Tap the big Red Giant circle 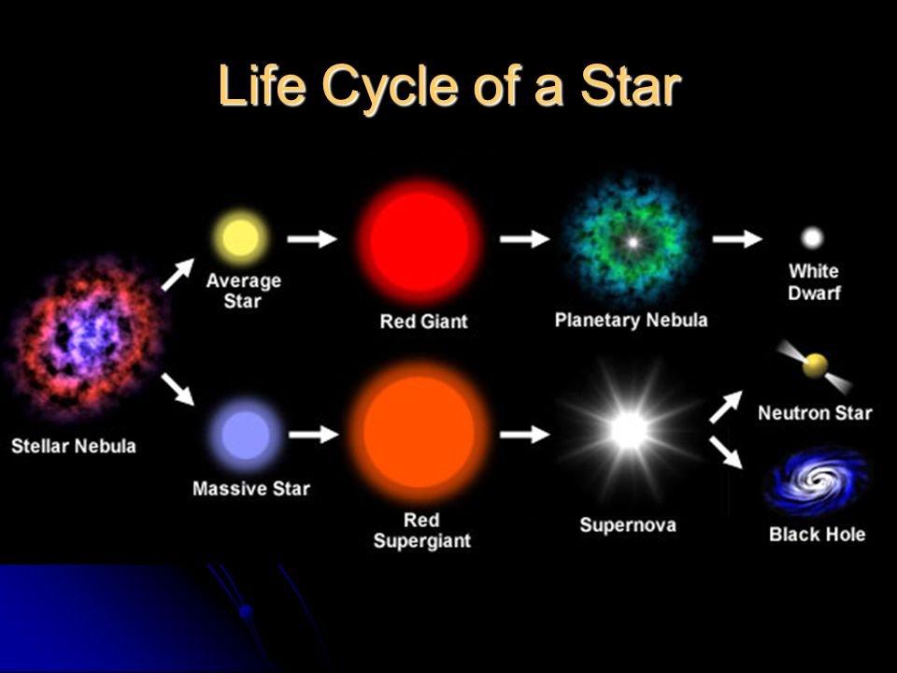[x=420, y=242]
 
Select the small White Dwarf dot [x=812, y=237]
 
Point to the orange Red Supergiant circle [x=420, y=432]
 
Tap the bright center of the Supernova [x=629, y=430]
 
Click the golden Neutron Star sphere [x=815, y=365]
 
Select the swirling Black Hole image [x=817, y=480]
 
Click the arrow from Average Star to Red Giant [x=312, y=238]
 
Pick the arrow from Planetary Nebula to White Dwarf [x=737, y=238]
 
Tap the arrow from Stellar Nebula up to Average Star [x=178, y=275]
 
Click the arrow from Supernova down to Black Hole [x=726, y=452]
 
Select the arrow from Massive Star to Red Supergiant [x=314, y=435]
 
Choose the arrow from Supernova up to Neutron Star [x=726, y=407]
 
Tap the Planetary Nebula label [x=631, y=321]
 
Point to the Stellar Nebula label [x=74, y=446]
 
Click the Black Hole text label [x=817, y=535]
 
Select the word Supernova [x=628, y=525]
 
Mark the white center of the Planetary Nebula [x=633, y=242]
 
